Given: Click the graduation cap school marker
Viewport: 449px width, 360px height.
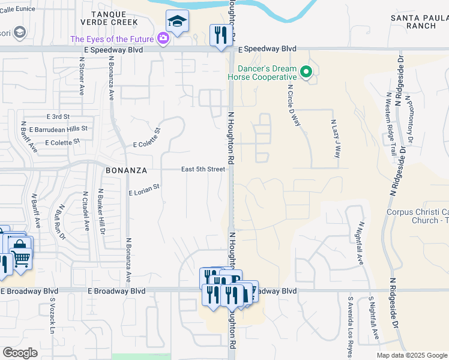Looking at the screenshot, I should point(177,22).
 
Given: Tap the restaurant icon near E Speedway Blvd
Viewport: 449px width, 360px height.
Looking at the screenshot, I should point(220,35).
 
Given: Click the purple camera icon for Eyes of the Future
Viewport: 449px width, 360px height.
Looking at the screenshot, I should point(163,39).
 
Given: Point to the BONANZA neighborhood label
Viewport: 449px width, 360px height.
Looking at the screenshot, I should point(126,170).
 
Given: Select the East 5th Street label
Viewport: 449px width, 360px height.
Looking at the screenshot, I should point(203,169).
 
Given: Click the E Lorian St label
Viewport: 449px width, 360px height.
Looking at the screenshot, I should point(143,190).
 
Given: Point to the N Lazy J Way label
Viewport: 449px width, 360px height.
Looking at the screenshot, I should point(336,137).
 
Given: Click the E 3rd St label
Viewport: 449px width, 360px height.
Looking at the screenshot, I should point(58,116).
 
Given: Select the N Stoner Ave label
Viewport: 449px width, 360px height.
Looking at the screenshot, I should point(82,77).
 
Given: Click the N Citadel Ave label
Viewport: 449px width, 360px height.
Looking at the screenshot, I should point(86,211).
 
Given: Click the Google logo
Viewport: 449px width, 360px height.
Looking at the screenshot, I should point(20,353).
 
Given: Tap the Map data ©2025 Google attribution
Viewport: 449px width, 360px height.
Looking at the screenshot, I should point(411,355).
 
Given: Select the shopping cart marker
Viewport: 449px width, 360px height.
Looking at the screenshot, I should point(21,258).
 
